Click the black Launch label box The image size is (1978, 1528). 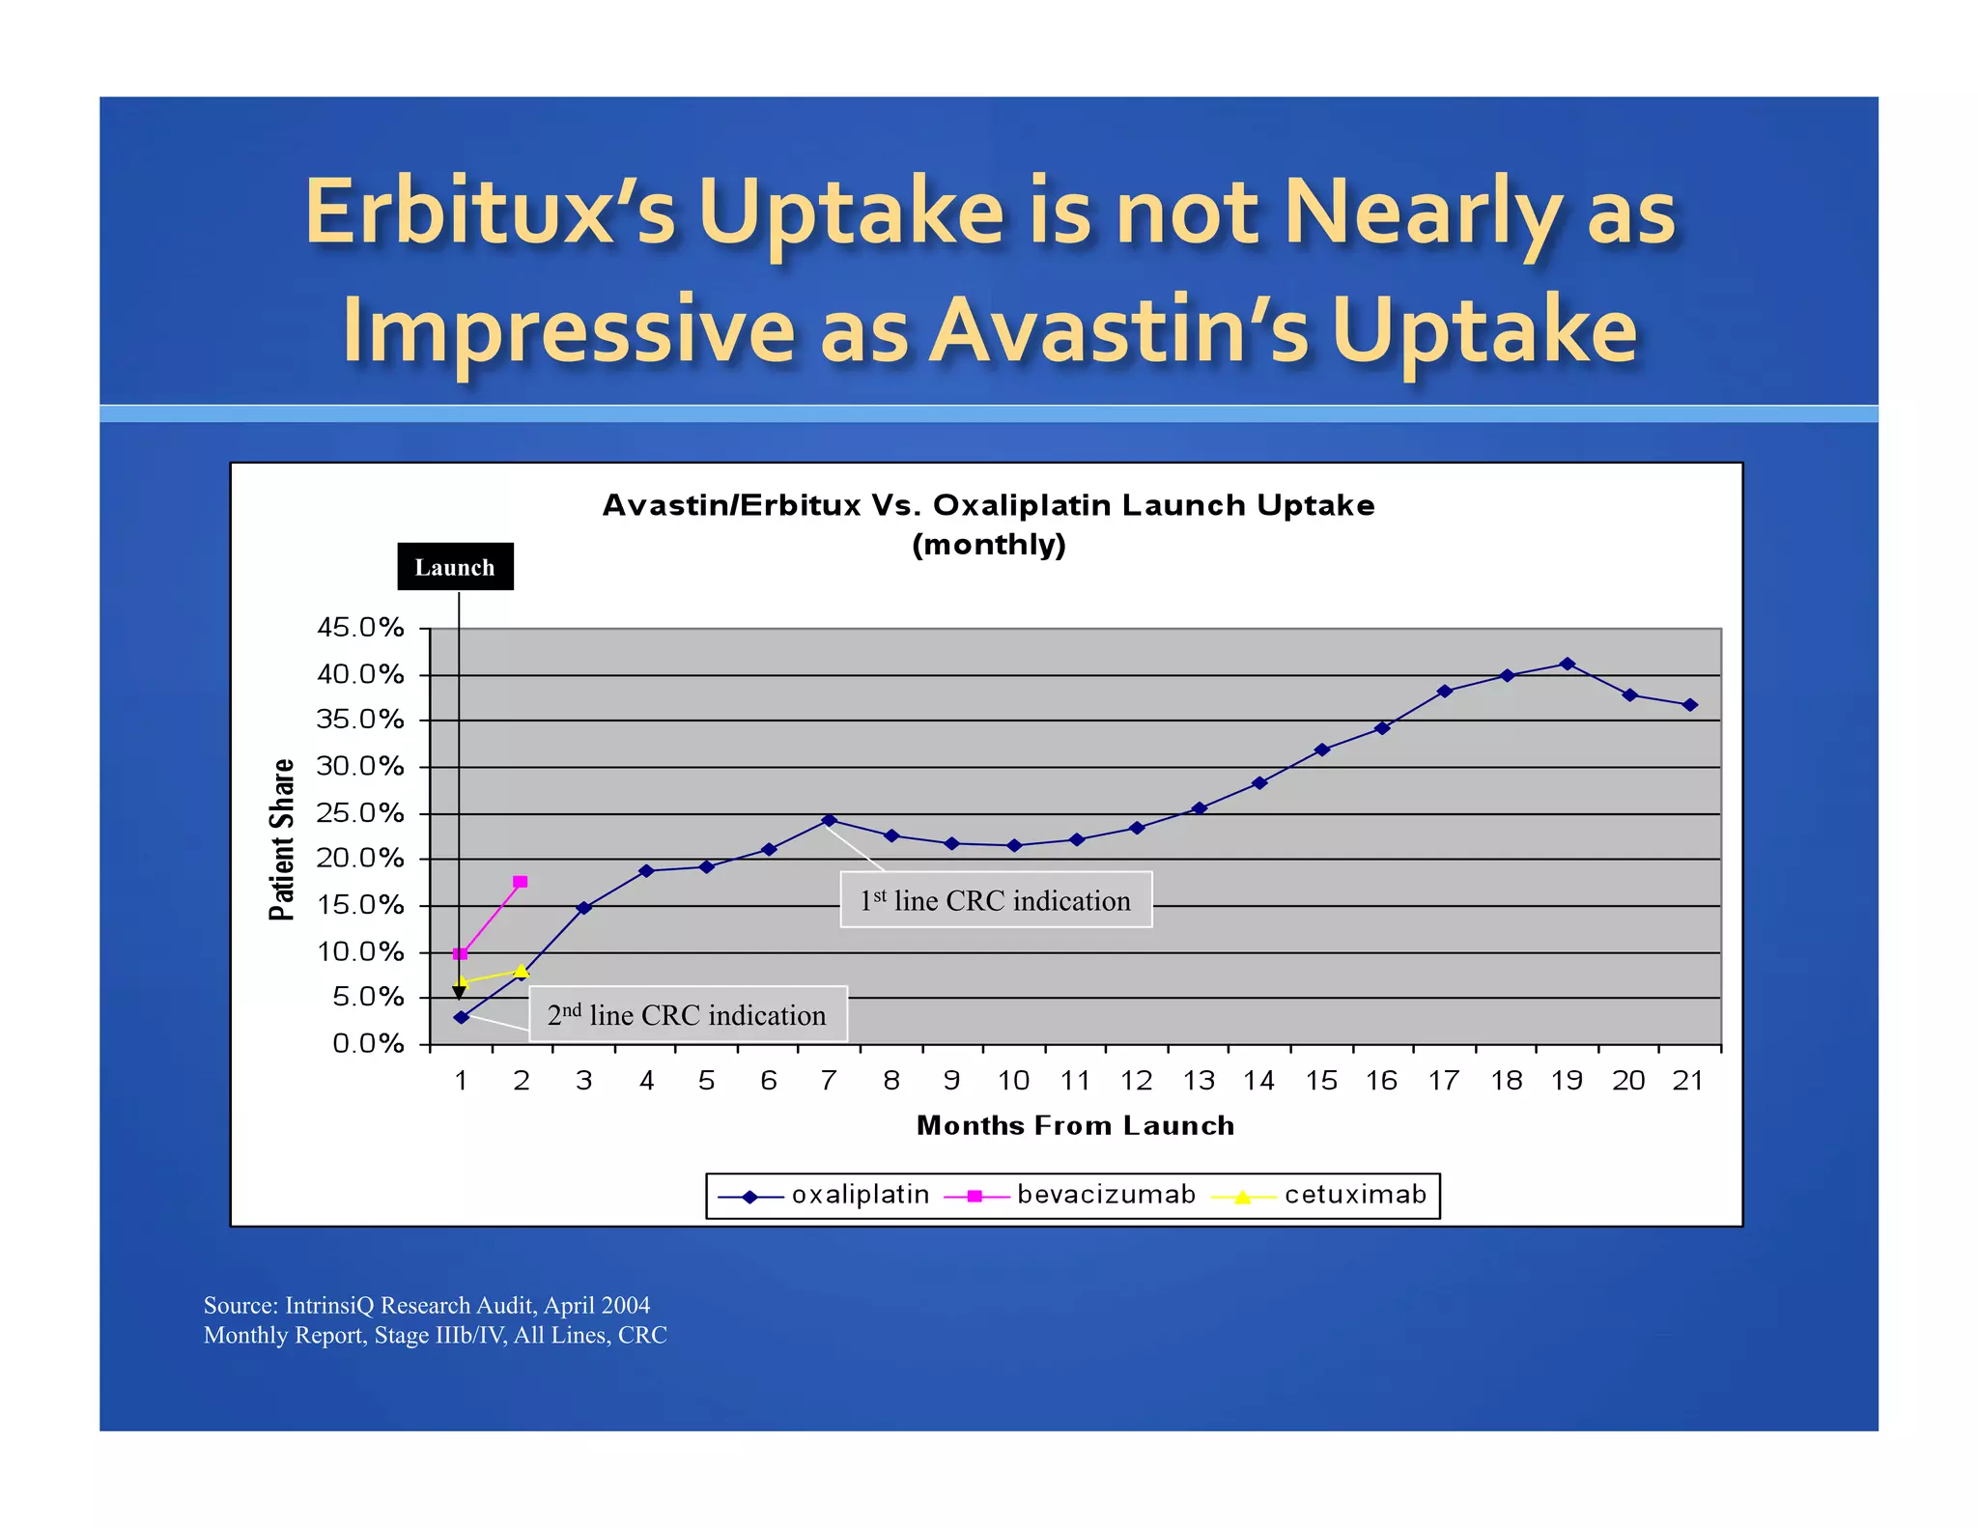coord(455,567)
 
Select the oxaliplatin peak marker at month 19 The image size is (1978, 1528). coord(1568,664)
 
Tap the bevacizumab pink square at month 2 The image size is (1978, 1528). coord(521,882)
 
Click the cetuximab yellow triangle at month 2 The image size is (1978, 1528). coord(522,971)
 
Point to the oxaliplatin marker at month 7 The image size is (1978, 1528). coord(829,820)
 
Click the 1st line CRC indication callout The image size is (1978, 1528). coord(996,900)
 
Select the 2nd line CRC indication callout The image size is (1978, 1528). coord(688,1014)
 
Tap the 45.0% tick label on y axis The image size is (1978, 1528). coord(360,628)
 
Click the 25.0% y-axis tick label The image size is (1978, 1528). coord(360,813)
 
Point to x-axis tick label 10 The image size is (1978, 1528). coord(1013,1081)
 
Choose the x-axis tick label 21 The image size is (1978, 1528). coord(1688,1081)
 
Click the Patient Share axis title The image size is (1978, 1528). coord(281,838)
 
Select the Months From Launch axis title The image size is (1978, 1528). coord(1075,1125)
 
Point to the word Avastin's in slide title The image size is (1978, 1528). coord(1120,330)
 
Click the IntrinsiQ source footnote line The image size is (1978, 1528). coord(426,1305)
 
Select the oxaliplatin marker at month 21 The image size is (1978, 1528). coord(1689,705)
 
